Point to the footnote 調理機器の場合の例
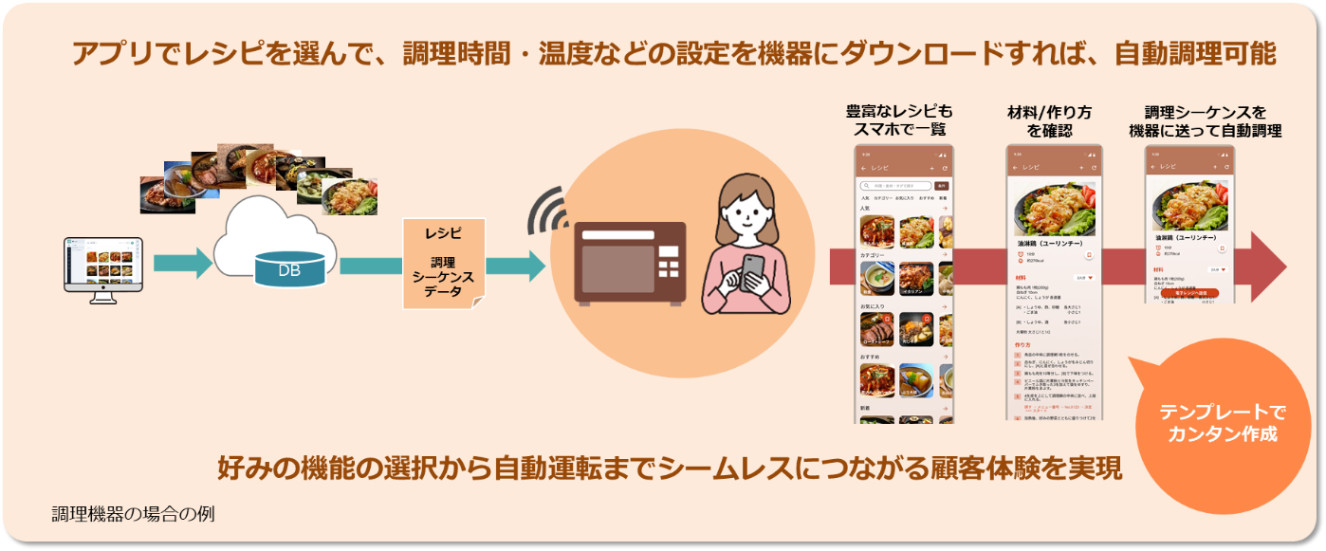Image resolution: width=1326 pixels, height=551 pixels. (x=134, y=515)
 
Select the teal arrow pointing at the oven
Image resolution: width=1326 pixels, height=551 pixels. (x=511, y=266)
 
